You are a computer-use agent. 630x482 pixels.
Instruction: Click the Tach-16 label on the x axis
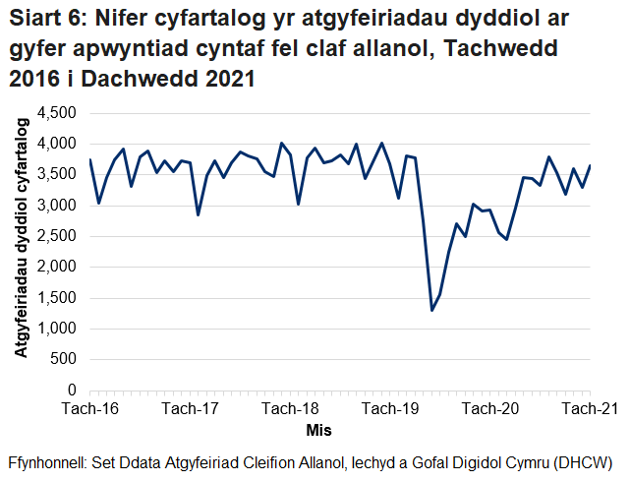[89, 409]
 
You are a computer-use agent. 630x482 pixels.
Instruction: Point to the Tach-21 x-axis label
[589, 409]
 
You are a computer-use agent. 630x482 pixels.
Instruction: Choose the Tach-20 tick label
[490, 409]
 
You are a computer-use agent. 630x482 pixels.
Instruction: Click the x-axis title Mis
[318, 430]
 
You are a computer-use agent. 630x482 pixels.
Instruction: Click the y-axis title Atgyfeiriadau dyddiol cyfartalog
[21, 252]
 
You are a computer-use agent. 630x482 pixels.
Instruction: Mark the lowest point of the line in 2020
[431, 311]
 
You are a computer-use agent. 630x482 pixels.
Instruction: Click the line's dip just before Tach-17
[199, 214]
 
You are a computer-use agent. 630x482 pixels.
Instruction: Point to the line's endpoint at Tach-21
[590, 165]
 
